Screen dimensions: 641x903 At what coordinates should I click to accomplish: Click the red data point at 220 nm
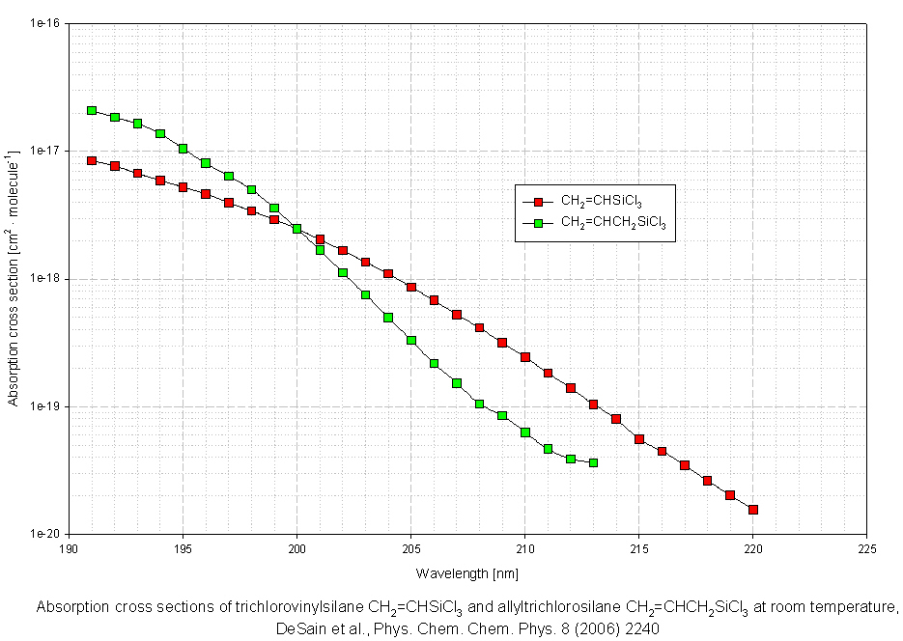(x=753, y=510)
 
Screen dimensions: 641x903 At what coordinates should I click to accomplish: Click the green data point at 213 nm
(x=593, y=463)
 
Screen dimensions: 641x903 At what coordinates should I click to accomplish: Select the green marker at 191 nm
(x=92, y=111)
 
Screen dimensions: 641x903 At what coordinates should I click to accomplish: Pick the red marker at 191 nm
(x=92, y=161)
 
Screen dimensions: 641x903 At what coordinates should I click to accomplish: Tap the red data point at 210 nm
(x=525, y=357)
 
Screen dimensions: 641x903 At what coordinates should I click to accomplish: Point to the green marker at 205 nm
(x=411, y=341)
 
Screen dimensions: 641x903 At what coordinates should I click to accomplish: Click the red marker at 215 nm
(x=639, y=439)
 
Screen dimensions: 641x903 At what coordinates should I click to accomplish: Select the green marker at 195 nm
(x=183, y=149)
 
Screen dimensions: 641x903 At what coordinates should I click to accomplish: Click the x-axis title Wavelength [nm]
(x=467, y=573)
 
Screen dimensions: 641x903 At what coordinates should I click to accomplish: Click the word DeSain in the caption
(x=296, y=627)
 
